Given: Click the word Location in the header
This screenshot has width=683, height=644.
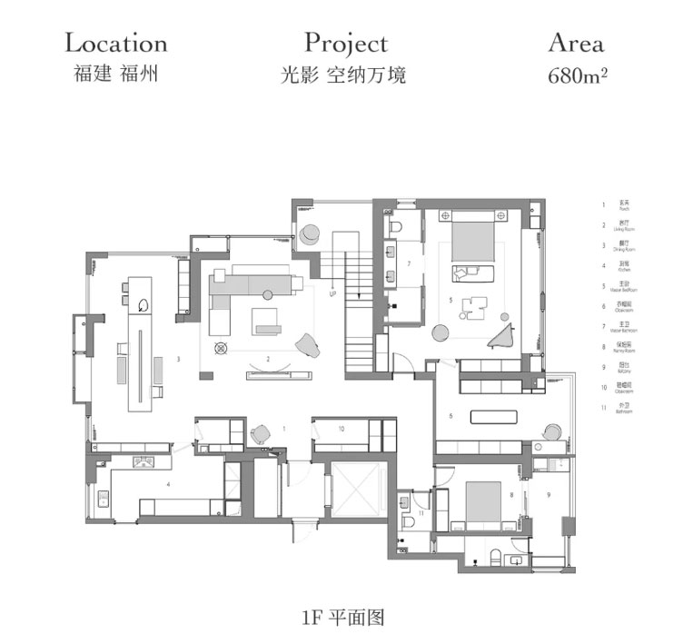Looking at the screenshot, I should (x=116, y=43).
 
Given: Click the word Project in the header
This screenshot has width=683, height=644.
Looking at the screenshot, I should (x=345, y=43).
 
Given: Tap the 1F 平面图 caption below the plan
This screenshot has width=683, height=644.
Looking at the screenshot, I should (x=344, y=618).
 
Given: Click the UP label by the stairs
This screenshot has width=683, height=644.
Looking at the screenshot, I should (x=333, y=294).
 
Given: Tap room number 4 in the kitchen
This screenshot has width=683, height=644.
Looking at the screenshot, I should (x=168, y=485).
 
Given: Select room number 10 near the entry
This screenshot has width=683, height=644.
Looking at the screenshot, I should (x=341, y=427).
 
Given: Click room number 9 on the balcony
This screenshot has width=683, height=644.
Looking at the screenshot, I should (x=549, y=495).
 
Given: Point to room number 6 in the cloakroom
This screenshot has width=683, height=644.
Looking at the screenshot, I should (x=451, y=416).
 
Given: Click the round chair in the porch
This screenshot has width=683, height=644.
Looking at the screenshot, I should (x=262, y=433).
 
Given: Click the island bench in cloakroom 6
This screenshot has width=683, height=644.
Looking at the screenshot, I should (x=495, y=417).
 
